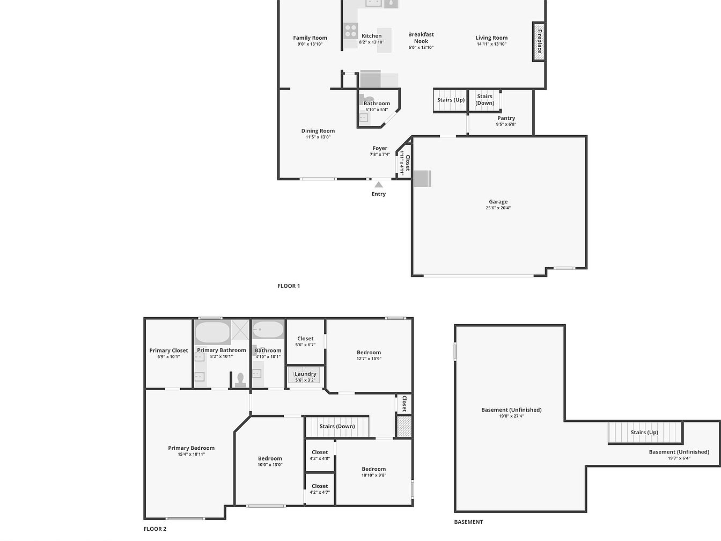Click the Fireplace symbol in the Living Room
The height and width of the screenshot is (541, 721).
click(539, 41)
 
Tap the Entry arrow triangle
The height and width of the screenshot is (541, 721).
click(378, 185)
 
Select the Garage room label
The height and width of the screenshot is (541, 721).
click(498, 202)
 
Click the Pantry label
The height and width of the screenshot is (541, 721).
click(506, 118)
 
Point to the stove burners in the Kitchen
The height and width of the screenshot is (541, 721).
click(350, 31)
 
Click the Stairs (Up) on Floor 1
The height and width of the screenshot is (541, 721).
click(451, 100)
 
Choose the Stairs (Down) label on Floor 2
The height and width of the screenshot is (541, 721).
click(337, 426)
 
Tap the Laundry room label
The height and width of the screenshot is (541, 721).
click(305, 374)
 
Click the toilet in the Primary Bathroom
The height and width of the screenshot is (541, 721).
click(240, 380)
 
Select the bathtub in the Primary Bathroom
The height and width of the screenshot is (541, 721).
click(212, 332)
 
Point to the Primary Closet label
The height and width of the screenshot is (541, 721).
click(168, 350)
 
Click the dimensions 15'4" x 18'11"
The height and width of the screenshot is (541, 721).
click(191, 454)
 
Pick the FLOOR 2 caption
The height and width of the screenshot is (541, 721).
click(155, 529)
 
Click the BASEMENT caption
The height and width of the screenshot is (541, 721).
click(468, 522)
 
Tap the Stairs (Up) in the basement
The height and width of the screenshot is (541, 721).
click(645, 432)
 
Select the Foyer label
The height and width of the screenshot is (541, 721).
click(380, 148)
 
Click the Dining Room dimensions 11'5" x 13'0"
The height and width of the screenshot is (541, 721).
click(318, 137)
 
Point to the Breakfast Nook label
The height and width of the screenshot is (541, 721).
click(421, 38)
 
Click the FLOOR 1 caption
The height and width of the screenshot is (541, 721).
click(289, 286)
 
